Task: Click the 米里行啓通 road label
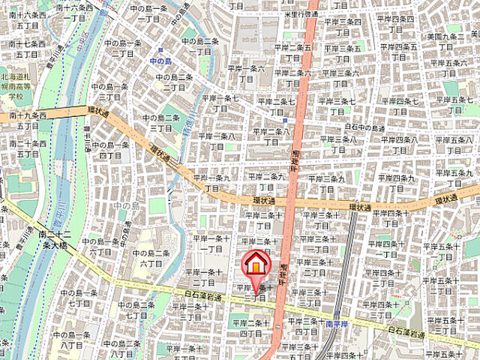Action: point(288,14)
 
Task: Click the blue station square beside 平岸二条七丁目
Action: point(285,119)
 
